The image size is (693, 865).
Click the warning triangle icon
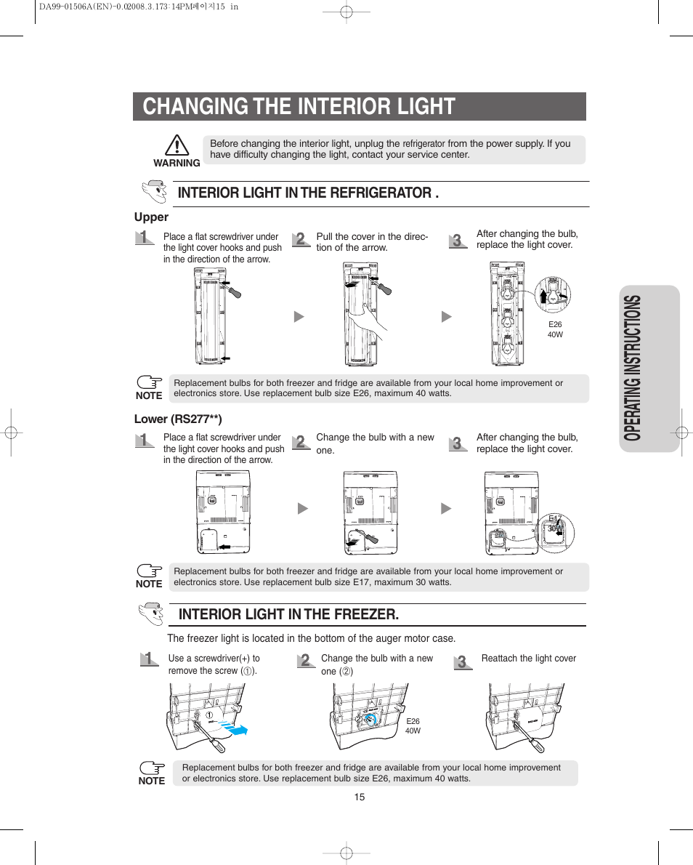click(x=177, y=146)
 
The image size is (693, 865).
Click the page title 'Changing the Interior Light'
click(x=299, y=106)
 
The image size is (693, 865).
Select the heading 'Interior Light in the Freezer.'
click(x=288, y=614)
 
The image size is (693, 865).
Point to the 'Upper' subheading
click(x=151, y=217)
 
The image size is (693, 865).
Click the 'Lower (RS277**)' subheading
click(x=178, y=419)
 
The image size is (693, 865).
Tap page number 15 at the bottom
click(x=360, y=797)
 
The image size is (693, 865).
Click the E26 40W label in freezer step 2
click(x=413, y=726)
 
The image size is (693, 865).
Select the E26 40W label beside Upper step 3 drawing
click(x=555, y=330)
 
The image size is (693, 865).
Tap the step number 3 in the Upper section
click(x=456, y=241)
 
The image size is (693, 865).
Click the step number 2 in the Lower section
click(x=300, y=442)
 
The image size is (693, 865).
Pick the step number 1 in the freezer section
click(x=149, y=660)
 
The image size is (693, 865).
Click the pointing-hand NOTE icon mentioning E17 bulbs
click(x=150, y=572)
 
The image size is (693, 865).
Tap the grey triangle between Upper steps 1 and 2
click(x=298, y=317)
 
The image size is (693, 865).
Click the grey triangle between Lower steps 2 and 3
click(x=446, y=509)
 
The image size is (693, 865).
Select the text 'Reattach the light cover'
click(x=528, y=659)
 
